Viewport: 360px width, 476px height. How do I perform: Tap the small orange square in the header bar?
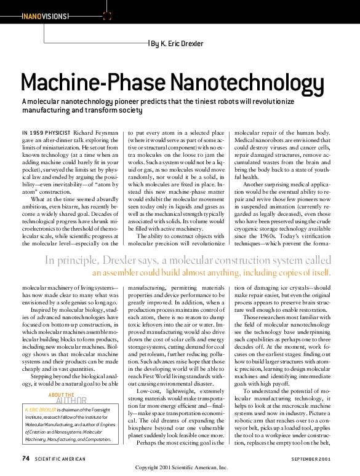(x=107, y=16)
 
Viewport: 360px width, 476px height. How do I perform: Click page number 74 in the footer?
(x=26, y=459)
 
